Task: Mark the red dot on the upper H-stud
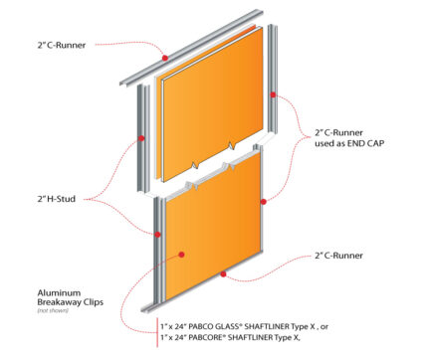(143, 138)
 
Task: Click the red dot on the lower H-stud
(158, 234)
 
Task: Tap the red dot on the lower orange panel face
(181, 255)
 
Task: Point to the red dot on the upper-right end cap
(274, 96)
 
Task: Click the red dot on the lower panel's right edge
(263, 201)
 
